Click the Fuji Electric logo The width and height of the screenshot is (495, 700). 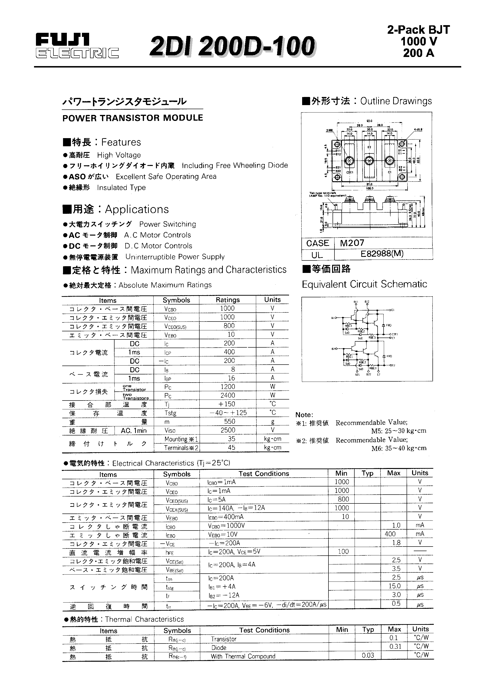click(x=77, y=46)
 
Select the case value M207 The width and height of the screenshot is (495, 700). click(x=352, y=243)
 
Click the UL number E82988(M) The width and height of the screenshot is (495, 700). click(x=382, y=254)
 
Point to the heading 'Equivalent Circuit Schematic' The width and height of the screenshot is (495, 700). click(x=364, y=284)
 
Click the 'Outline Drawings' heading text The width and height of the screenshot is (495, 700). click(x=396, y=101)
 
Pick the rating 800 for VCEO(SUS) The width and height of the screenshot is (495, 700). click(x=229, y=326)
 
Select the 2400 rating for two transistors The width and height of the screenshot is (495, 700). click(x=228, y=395)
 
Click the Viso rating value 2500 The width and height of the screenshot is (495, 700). click(x=228, y=430)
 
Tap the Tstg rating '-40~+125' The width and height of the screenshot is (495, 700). click(x=228, y=412)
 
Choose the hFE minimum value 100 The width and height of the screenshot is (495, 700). click(x=343, y=551)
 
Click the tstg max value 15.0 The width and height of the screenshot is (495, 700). click(x=394, y=586)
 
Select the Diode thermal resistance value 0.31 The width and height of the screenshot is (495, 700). click(x=395, y=646)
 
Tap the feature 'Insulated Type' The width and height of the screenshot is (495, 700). click(x=121, y=187)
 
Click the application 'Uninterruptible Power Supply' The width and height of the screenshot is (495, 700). click(x=175, y=257)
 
